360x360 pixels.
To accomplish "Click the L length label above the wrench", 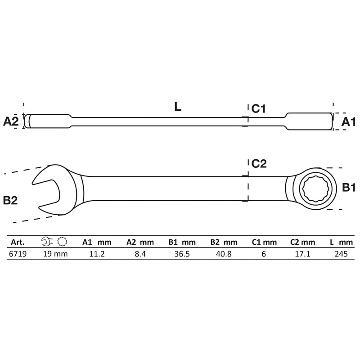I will pos(177,107).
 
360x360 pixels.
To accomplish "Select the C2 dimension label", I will pos(259,164).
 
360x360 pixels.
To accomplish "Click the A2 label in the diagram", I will pos(11,121).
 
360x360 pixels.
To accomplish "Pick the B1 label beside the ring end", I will pos(349,188).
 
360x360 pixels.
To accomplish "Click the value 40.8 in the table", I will pos(222,253).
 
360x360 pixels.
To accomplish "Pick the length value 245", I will pos(340,253).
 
